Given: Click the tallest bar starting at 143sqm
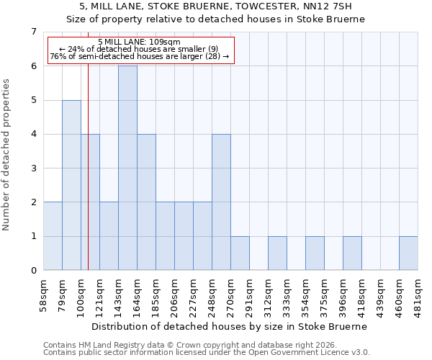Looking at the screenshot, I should coord(127,168).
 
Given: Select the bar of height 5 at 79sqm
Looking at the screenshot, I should coord(71,185).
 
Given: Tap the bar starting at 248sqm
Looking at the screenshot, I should coord(221,202).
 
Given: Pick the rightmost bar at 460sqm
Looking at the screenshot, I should coord(408,253).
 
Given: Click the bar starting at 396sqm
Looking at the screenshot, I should coord(352,253).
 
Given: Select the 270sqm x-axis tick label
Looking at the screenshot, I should coord(231,292).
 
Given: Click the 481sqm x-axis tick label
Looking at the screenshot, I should coord(418,292).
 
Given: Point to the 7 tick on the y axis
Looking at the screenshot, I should coord(33,32).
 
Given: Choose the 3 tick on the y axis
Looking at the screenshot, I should coord(33,168).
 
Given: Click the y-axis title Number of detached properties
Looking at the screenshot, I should coord(7,155).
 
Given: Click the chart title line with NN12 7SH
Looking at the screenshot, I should coord(215,7).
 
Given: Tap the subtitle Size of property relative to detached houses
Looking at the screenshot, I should coord(215,19).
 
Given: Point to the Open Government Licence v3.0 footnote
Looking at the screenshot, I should coord(206,353).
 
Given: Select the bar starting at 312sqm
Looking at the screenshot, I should coord(277,253).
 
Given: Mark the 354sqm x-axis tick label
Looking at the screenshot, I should coord(306,292).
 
